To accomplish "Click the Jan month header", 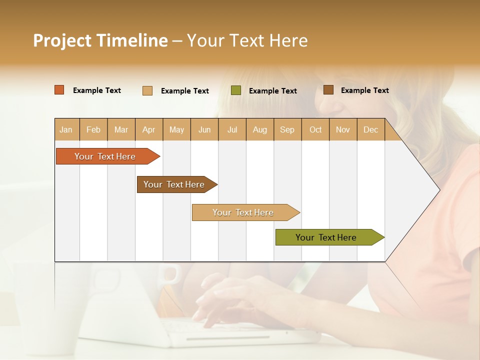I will click(66, 129).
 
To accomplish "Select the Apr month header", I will click(149, 129).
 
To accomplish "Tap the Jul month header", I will click(232, 129).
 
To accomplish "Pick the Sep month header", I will click(287, 129).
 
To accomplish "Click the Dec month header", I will click(371, 129).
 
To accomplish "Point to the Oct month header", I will click(315, 129).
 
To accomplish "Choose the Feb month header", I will click(93, 129).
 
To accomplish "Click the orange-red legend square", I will click(59, 90).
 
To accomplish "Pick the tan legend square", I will click(147, 90).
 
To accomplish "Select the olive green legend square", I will click(236, 90).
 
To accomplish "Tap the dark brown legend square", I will click(328, 90).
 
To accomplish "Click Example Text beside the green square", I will click(273, 90).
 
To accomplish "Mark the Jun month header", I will click(204, 129).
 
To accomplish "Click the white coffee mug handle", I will click(173, 274).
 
